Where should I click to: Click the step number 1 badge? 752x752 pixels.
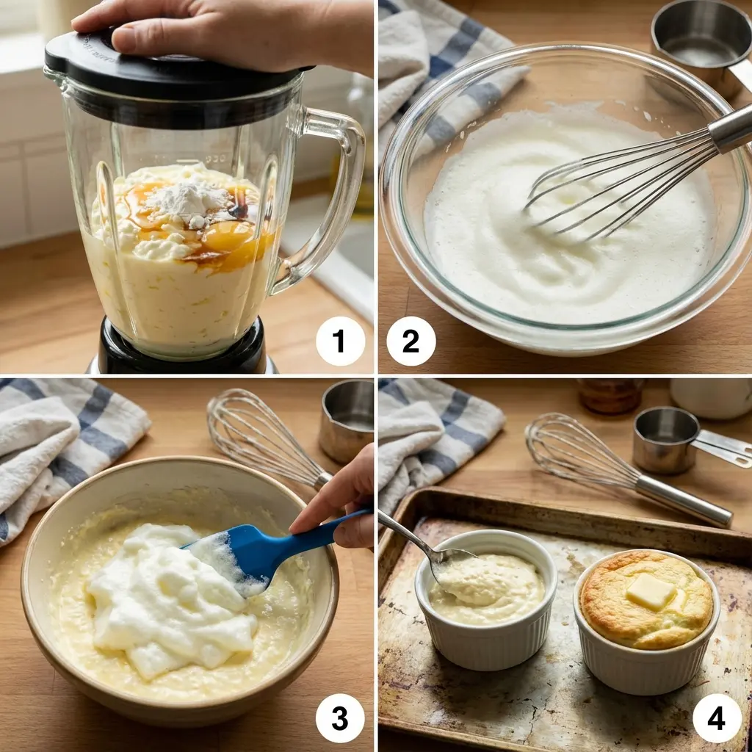[x=340, y=341]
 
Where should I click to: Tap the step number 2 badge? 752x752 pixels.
[x=411, y=341]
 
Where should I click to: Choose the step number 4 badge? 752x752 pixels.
[x=717, y=717]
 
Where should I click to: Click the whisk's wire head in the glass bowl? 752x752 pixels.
[x=610, y=184]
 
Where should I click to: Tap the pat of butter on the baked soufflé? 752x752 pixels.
[x=649, y=591]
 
